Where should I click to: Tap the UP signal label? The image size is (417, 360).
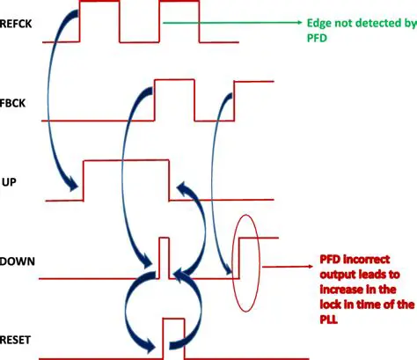[10, 181]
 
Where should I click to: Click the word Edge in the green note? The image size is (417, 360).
[318, 24]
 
